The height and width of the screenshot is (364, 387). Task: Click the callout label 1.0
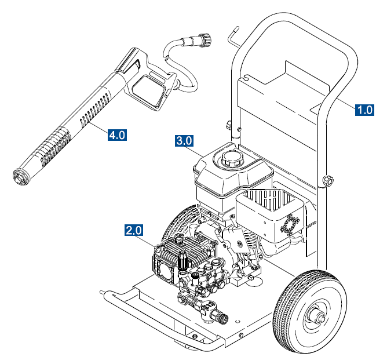364,109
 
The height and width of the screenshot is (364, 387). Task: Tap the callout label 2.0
134,231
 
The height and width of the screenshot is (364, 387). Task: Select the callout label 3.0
184,141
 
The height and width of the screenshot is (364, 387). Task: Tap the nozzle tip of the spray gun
21,177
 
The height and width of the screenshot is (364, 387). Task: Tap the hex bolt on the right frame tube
328,180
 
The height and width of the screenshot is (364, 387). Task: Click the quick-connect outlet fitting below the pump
219,316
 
